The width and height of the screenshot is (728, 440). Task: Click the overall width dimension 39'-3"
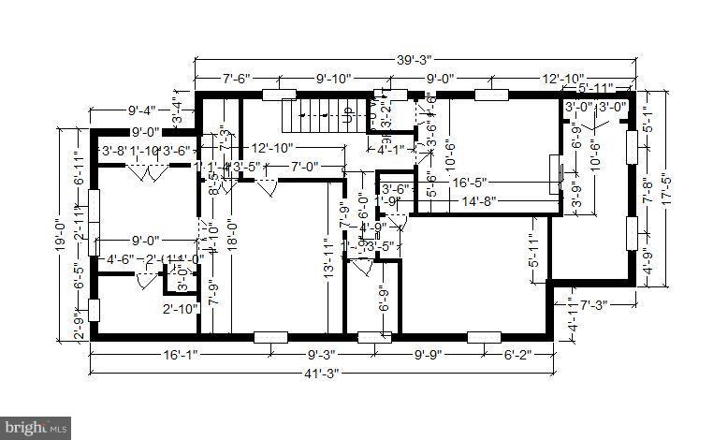click(x=411, y=59)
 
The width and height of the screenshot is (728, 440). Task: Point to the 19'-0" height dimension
click(x=59, y=242)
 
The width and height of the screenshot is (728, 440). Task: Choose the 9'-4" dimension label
click(x=124, y=110)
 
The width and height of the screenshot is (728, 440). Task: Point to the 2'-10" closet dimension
click(x=180, y=309)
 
